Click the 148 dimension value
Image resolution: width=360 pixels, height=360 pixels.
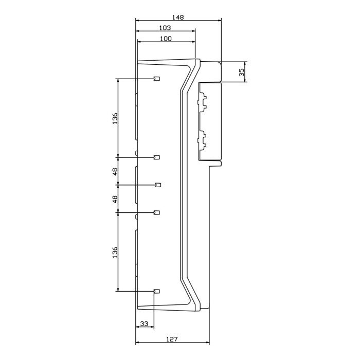[178, 16]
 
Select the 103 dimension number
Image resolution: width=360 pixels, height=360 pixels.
[165, 28]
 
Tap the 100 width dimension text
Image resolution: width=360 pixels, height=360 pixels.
[165, 39]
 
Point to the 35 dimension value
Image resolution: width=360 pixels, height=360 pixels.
[242, 71]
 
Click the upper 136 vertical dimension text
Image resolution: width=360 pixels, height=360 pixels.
[115, 118]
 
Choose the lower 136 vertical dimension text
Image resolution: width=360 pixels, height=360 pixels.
[115, 252]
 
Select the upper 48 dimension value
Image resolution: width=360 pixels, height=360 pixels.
[115, 171]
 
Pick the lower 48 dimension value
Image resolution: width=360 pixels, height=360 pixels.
[115, 198]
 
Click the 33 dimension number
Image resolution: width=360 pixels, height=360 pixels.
[144, 324]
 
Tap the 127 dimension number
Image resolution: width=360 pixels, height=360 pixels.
[172, 339]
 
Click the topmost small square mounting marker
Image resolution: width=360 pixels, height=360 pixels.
[157, 79]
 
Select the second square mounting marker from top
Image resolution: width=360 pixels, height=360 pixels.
[157, 157]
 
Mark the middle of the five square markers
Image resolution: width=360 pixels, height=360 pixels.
[158, 184]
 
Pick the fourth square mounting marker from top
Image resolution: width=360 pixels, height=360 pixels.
[157, 212]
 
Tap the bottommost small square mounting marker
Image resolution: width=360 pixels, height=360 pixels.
[157, 291]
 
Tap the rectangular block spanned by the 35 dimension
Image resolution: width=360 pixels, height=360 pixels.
[210, 71]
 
